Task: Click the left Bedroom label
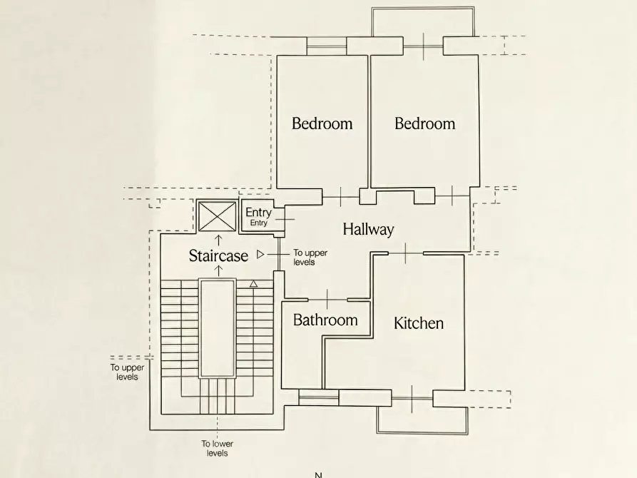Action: tap(322, 123)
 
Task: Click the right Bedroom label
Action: tap(425, 123)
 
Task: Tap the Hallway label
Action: tap(369, 229)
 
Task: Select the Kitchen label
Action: tap(419, 323)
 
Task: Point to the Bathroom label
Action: tap(325, 320)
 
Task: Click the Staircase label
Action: tap(218, 255)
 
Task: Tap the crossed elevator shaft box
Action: tap(217, 216)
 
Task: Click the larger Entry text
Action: tap(258, 212)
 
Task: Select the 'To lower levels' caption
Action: tap(218, 448)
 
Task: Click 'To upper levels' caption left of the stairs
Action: tap(127, 372)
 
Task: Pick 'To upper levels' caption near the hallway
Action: tap(310, 258)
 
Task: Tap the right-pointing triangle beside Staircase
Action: tap(260, 255)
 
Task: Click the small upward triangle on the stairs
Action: tap(253, 284)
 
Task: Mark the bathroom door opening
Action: tap(327, 300)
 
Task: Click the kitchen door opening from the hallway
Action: tap(405, 253)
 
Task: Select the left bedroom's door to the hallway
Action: tap(341, 197)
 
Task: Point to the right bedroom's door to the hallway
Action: tap(452, 196)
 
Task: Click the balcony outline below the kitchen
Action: tap(422, 433)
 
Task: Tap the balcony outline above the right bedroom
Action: tap(423, 7)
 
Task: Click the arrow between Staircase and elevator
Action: tap(218, 240)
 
